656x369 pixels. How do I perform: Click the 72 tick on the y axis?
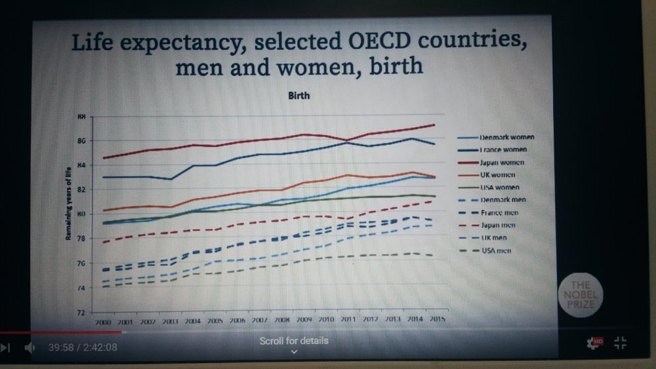tap(81, 313)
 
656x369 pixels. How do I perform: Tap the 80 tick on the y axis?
tap(81, 214)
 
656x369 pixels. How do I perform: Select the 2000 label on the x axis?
tap(103, 323)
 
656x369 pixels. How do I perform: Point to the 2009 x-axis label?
tap(304, 320)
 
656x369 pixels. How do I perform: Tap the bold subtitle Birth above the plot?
tap(298, 96)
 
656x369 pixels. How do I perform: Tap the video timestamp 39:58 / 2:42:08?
tap(83, 347)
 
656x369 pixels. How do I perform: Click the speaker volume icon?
tap(29, 347)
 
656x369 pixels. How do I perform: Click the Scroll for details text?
tap(294, 341)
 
